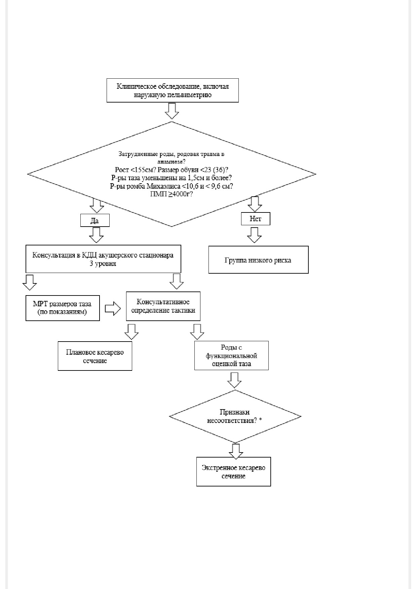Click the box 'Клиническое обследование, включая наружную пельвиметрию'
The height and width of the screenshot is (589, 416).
point(173,90)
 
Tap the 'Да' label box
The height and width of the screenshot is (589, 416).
point(95,221)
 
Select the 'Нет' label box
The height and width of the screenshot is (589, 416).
point(256,219)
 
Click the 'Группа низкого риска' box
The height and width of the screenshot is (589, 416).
point(258,260)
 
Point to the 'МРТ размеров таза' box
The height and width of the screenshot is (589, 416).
point(63,308)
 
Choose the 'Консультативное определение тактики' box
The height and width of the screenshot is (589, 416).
point(163,306)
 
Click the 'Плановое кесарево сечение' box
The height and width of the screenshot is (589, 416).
point(95,356)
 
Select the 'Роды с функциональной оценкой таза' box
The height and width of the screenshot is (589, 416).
point(231,355)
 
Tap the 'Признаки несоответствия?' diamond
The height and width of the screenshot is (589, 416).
point(235,417)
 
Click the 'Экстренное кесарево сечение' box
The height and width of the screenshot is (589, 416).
point(234,471)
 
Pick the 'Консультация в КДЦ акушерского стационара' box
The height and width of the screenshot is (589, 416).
point(103,259)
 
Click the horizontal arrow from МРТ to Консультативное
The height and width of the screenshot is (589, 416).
point(113,308)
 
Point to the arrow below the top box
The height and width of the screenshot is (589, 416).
point(172,111)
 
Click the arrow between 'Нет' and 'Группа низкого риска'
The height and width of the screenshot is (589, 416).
point(254,235)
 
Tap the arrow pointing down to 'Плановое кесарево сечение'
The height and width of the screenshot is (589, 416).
point(131,332)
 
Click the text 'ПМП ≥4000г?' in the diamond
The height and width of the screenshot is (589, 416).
point(172,194)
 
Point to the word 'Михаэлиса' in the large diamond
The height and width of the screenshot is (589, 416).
point(160,186)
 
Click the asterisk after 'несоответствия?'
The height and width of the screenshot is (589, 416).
point(261,420)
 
